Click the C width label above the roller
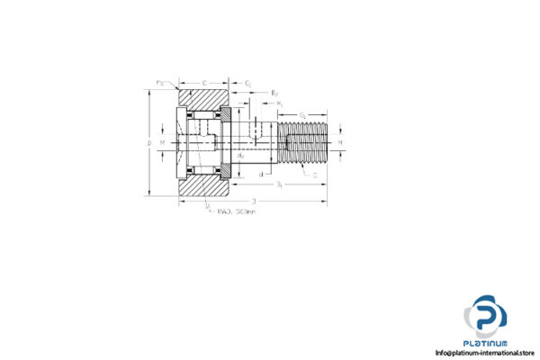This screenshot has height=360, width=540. tap(204, 81)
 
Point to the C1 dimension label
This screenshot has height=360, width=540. tap(247, 82)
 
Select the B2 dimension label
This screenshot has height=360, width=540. tap(274, 93)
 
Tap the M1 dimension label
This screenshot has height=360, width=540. tap(281, 103)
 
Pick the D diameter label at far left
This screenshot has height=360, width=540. tap(149, 142)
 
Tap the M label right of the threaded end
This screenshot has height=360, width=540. tap(342, 142)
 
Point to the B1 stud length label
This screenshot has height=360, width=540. tap(280, 184)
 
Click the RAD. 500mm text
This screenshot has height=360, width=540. tap(236, 212)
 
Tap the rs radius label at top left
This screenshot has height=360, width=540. tap(160, 83)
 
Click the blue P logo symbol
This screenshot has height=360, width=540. tap(486, 316)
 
